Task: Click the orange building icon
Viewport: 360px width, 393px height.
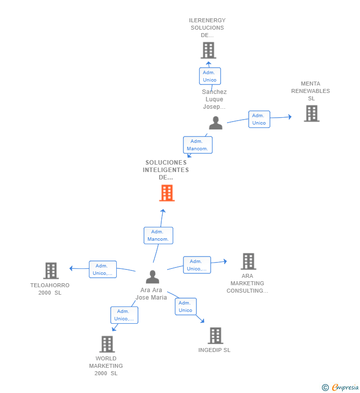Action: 167,193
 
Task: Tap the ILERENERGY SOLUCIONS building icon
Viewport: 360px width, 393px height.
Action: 208,50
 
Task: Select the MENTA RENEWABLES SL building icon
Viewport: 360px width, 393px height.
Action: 312,114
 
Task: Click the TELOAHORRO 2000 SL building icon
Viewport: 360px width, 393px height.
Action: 51,271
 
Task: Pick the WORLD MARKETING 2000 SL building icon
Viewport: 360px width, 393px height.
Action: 107,344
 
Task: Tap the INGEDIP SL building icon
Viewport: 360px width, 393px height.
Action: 216,336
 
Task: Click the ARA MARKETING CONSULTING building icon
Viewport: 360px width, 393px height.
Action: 248,261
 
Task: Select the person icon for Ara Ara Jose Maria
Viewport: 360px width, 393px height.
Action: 152,277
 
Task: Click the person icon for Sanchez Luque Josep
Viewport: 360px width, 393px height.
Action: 216,123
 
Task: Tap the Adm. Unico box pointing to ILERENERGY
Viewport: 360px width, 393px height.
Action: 210,76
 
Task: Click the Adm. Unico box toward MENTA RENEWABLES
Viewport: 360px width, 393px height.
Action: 259,119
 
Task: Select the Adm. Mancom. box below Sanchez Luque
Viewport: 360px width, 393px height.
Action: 198,145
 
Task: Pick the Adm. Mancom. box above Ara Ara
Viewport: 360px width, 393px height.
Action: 158,235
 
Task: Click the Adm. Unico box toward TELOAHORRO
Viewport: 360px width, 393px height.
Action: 103,269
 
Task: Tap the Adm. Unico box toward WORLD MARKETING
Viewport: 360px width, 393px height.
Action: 124,315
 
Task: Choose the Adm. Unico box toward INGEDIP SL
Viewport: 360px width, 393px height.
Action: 186,306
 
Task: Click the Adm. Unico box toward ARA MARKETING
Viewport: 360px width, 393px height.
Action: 197,265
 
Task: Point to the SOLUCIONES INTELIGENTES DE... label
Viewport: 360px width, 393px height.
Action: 166,170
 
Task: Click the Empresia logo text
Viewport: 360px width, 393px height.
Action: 345,387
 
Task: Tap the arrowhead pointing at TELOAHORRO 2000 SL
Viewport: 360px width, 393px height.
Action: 71,268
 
